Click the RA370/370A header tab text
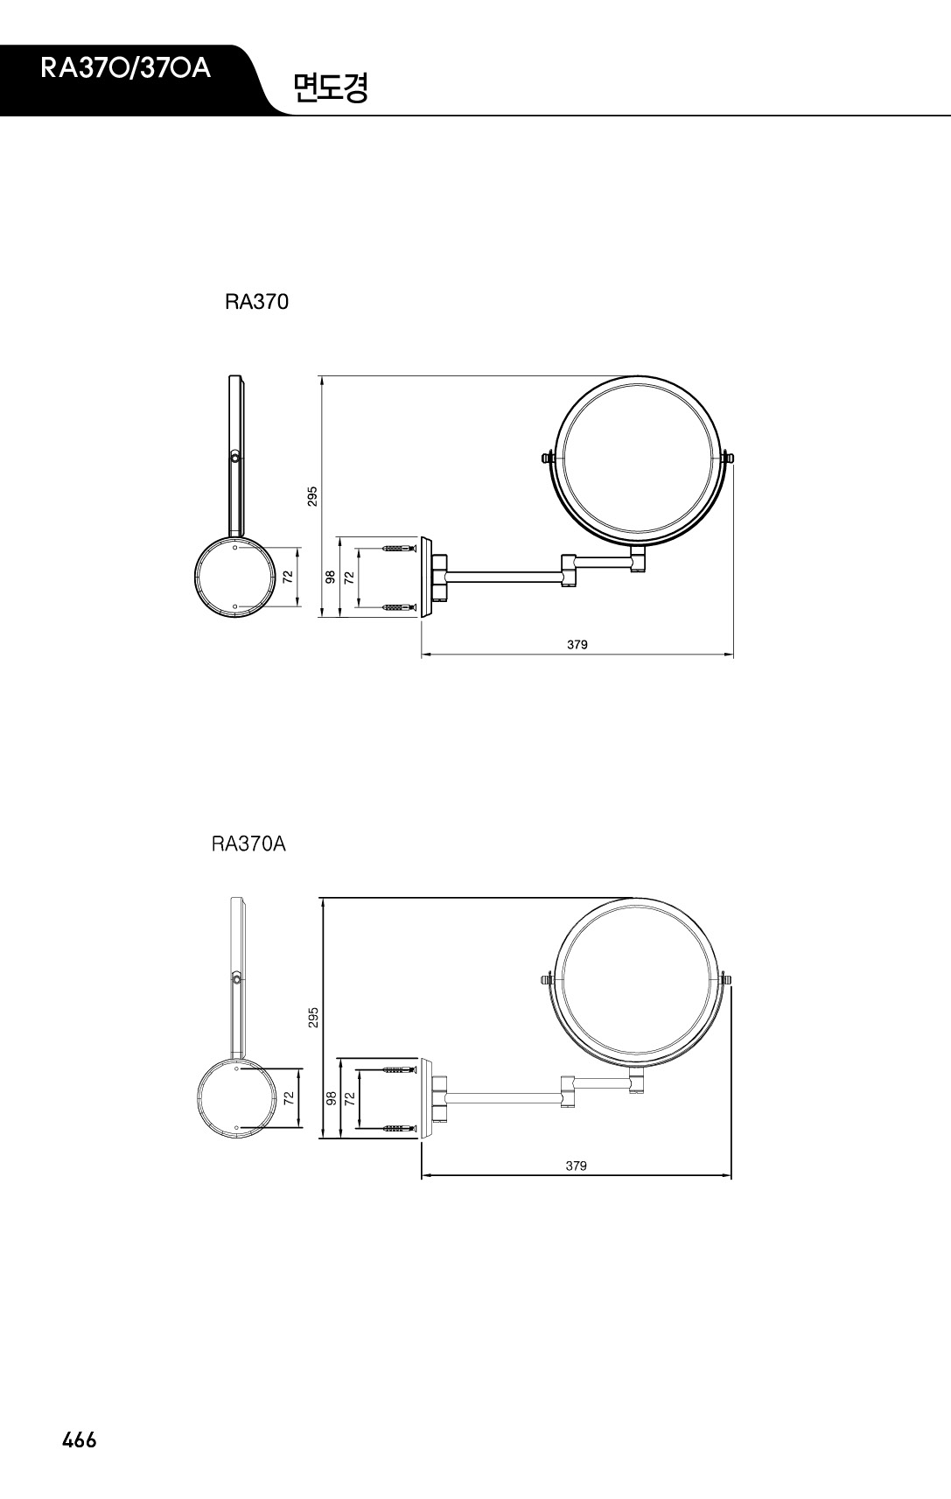click(x=125, y=68)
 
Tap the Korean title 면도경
click(x=331, y=88)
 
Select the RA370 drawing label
click(x=256, y=302)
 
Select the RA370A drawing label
click(x=248, y=844)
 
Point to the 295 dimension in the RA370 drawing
click(x=312, y=496)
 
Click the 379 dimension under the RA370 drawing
click(x=577, y=644)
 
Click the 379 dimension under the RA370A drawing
click(x=576, y=1166)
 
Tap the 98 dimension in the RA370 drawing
click(x=330, y=577)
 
